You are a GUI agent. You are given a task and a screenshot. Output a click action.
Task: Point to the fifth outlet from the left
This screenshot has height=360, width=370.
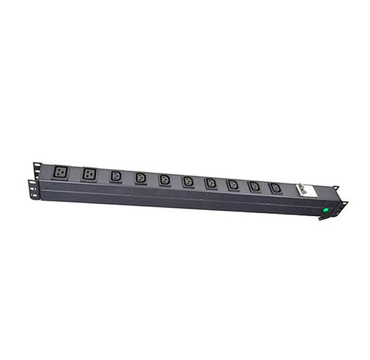[164, 179]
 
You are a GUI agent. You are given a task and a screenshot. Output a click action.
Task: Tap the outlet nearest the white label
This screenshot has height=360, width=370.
[275, 187]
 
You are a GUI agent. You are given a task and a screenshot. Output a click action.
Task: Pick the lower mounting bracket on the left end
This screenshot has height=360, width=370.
[32, 189]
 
